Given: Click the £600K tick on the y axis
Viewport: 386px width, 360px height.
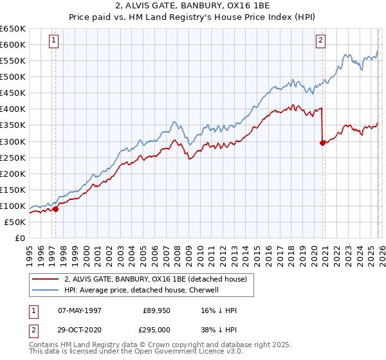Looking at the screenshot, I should click(13, 45).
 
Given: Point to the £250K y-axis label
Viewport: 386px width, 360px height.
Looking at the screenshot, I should click(13, 157).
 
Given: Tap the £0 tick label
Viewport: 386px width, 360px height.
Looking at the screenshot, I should click(20, 238).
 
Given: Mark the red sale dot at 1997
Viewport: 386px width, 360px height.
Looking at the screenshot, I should click(55, 208).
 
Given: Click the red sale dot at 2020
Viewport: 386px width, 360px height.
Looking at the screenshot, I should click(322, 143).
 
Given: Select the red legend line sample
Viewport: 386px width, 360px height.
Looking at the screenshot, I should click(46, 279).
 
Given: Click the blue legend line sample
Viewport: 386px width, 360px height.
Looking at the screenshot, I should click(46, 290).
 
